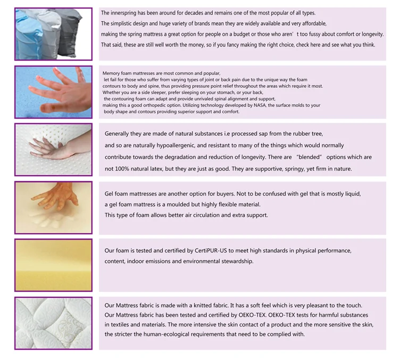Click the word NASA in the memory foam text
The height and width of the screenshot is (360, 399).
(260, 105)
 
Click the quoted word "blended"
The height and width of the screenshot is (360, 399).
(309, 157)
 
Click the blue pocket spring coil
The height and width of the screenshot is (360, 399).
(27, 33)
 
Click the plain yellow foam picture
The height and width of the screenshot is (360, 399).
(53, 265)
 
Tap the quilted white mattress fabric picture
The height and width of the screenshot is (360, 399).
(53, 323)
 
